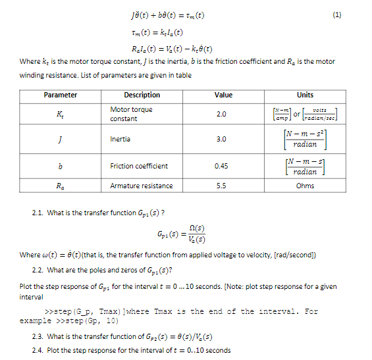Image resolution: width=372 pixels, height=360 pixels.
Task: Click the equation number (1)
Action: (356, 14)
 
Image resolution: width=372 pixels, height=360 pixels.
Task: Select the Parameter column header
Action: (61, 95)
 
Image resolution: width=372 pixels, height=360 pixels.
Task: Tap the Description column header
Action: (142, 95)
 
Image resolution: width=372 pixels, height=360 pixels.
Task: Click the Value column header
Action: (224, 95)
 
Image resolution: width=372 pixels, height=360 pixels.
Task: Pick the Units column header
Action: (305, 95)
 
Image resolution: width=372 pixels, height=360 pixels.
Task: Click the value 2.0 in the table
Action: (221, 114)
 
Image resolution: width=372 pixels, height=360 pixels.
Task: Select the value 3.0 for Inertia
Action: (221, 140)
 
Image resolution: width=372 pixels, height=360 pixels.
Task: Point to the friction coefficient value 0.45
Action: (221, 166)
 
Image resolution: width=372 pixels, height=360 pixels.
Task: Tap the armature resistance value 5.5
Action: (221, 186)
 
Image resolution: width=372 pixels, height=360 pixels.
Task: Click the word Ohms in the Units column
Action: (305, 186)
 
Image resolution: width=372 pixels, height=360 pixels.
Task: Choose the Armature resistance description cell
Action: (142, 186)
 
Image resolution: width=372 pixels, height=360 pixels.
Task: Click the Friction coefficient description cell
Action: (139, 166)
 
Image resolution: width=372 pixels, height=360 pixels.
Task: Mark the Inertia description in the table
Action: (120, 140)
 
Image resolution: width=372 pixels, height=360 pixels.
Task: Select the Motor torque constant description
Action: (131, 114)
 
